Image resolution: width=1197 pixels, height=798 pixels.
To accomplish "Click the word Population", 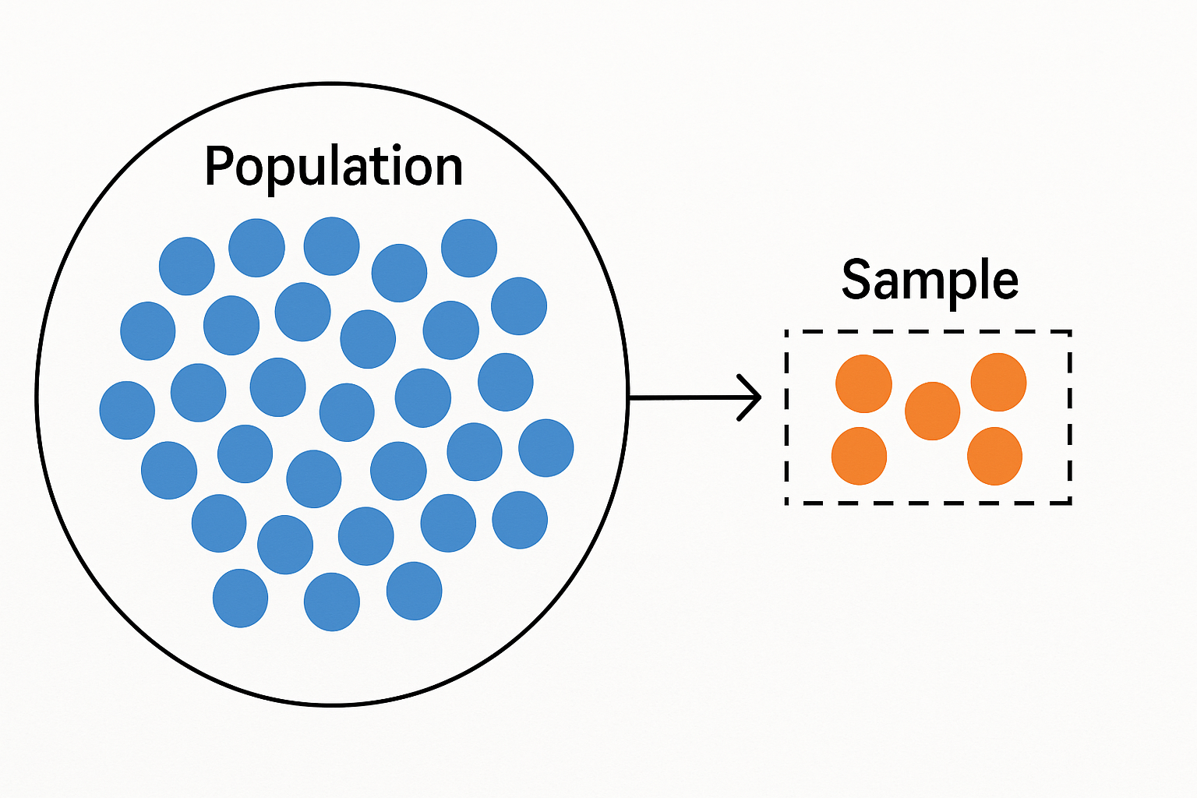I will click(x=334, y=167).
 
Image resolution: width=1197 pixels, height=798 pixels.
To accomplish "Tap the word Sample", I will click(x=930, y=281).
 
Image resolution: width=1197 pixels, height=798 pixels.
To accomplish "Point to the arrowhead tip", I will click(x=759, y=397).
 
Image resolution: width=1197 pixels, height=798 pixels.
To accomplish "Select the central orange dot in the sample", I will click(x=932, y=411).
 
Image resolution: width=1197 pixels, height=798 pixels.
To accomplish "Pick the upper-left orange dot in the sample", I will click(x=863, y=383).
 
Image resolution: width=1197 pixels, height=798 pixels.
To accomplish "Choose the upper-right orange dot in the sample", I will click(x=998, y=382).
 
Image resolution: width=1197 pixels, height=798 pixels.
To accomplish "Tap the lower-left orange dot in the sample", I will click(x=859, y=456).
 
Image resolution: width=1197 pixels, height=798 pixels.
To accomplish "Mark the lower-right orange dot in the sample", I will click(x=994, y=456).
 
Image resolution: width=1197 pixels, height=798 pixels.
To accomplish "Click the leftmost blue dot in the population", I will click(x=127, y=410).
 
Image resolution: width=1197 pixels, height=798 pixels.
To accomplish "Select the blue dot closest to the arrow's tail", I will click(x=546, y=448).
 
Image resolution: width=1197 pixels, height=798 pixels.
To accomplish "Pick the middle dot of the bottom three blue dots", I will click(x=332, y=602).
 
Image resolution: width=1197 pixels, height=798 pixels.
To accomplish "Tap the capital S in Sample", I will click(x=856, y=280).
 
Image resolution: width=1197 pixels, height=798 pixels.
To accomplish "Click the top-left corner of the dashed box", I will click(x=787, y=332).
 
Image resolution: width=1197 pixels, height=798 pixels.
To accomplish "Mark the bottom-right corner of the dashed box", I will click(x=1070, y=503).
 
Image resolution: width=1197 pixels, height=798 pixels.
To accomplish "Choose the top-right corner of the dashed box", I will click(x=1070, y=332).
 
